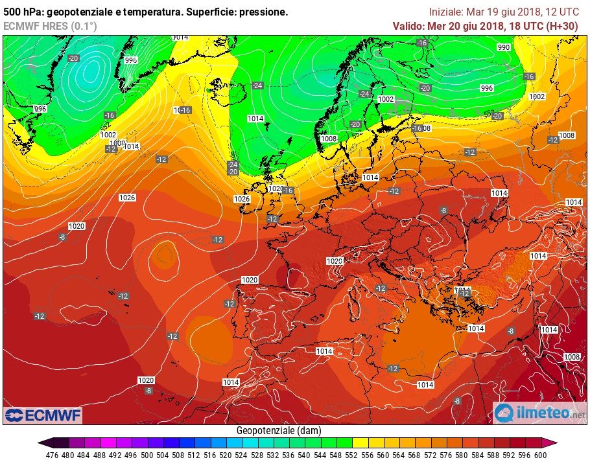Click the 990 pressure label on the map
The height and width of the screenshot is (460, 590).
point(504,47)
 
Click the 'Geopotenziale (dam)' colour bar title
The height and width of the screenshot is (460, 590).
point(279,430)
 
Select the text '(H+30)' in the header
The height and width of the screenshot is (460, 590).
point(561,26)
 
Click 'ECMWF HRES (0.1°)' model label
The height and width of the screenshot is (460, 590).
point(50,26)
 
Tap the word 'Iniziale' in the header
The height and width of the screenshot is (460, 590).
point(446,12)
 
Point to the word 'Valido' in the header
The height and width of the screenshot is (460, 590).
point(408,26)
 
